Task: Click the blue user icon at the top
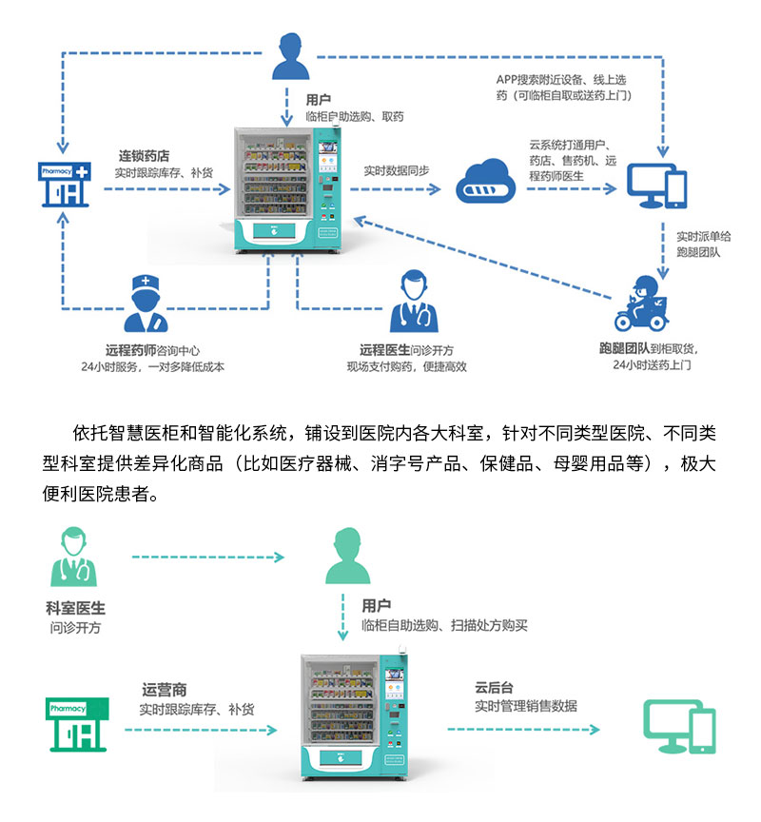point(293,56)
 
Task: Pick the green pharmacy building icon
point(78,723)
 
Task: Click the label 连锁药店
point(144,155)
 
